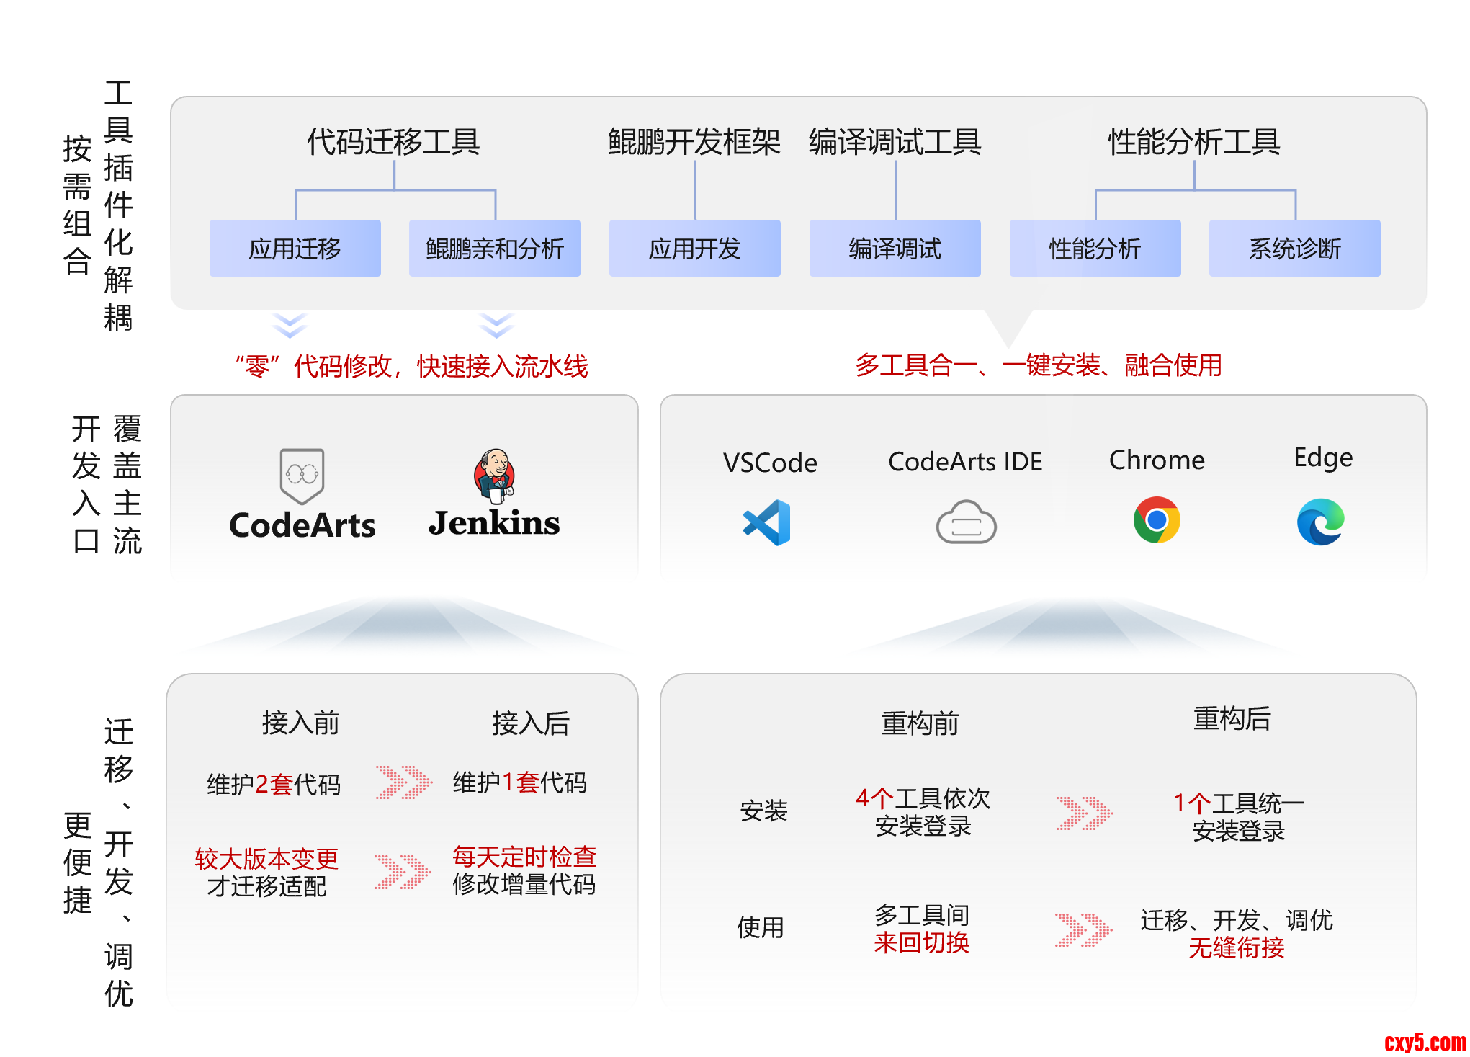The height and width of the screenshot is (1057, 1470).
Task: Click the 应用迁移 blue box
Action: tap(295, 249)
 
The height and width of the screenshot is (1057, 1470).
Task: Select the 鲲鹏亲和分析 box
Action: tap(494, 249)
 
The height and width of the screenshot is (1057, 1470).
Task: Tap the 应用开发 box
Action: tap(694, 249)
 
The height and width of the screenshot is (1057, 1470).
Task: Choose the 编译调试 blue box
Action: tap(895, 249)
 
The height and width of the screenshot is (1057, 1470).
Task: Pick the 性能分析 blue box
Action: tap(1095, 249)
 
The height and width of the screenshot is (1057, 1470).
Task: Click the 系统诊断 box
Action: tap(1294, 249)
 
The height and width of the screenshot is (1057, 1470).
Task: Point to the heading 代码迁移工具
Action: tap(393, 141)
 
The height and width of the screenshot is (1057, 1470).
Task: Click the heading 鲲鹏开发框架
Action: tap(694, 141)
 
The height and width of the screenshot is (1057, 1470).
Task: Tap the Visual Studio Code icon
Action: tap(767, 522)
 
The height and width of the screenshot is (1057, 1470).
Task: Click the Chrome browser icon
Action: tap(1157, 519)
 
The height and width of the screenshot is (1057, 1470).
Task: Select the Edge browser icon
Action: tap(1321, 522)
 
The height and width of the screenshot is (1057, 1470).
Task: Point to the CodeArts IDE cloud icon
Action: tap(966, 522)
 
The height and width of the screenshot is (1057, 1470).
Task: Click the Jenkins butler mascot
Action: tap(494, 476)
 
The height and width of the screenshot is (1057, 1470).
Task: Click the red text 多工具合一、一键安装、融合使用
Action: tap(1038, 365)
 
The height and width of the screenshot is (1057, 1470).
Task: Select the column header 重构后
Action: tap(1232, 718)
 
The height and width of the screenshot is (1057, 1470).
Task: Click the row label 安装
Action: tap(763, 811)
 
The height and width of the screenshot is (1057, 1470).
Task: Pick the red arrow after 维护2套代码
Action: tap(403, 782)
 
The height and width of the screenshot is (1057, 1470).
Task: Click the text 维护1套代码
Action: tap(519, 782)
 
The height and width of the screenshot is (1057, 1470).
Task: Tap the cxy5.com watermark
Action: tap(1425, 1042)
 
